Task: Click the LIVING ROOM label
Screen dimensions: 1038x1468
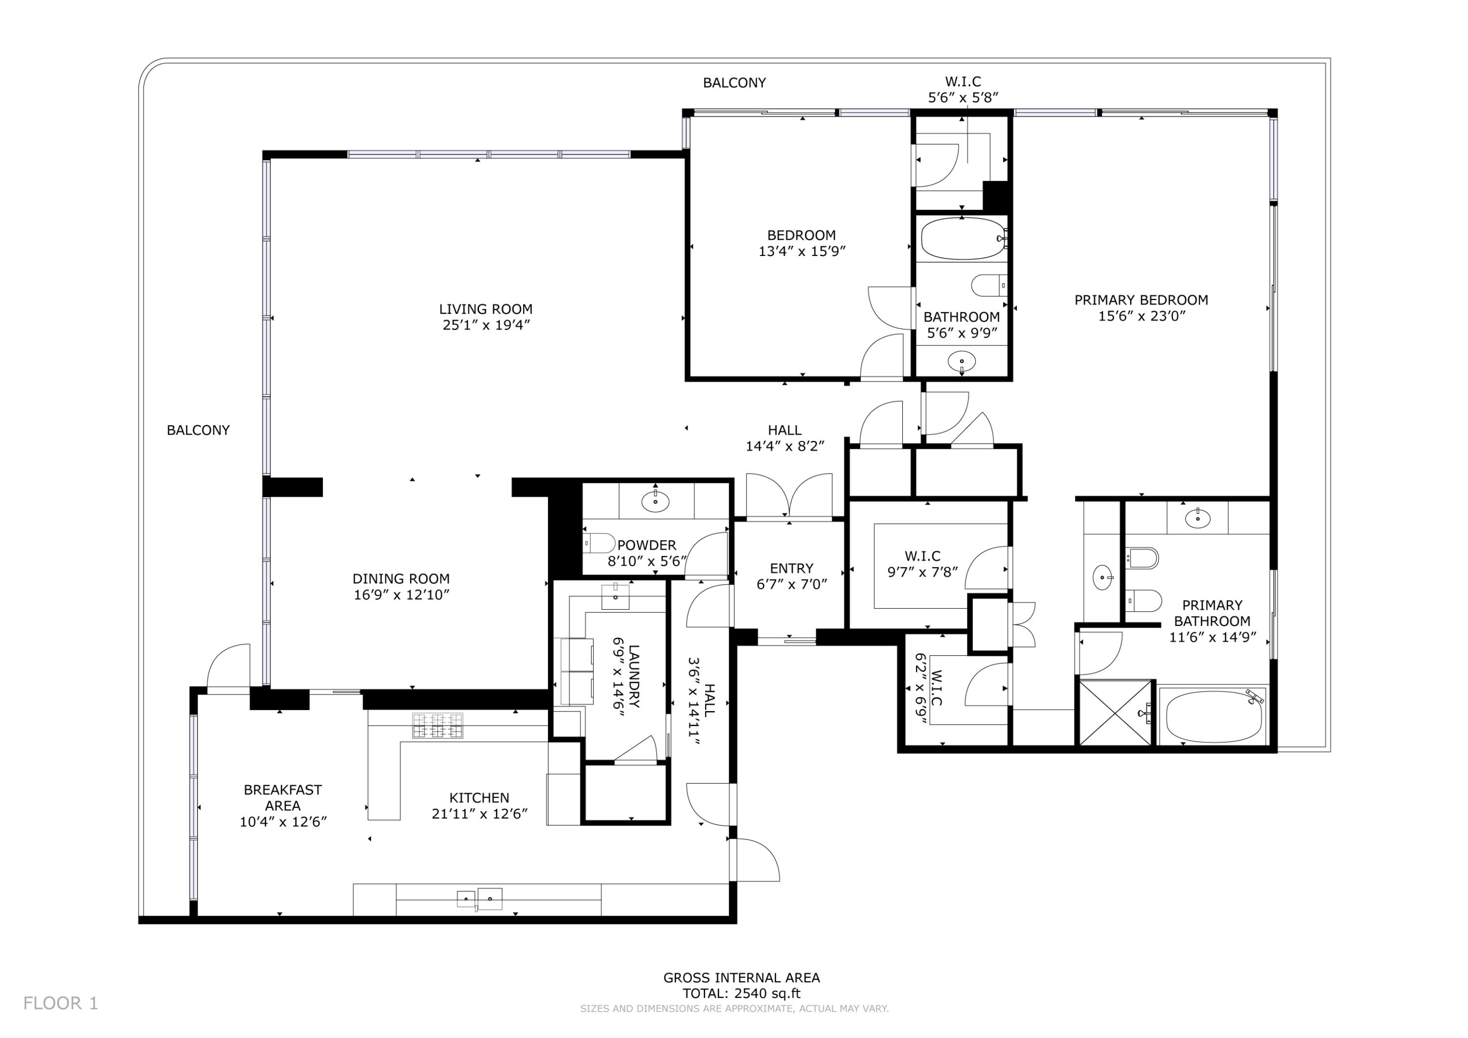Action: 485,309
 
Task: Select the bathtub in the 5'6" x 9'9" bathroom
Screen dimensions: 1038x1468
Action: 963,238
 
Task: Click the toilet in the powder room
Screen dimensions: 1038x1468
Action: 599,543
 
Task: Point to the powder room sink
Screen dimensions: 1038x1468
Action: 655,502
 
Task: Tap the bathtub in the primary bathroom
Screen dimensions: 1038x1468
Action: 1213,717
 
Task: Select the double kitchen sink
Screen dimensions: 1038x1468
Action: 479,899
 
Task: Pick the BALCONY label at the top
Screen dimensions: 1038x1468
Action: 734,83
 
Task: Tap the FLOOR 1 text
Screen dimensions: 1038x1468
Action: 61,1003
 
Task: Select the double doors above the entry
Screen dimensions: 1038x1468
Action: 790,496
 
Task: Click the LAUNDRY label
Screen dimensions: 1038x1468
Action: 634,675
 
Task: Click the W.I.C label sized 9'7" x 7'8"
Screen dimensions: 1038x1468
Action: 922,556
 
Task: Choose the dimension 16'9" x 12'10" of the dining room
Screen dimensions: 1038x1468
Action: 402,595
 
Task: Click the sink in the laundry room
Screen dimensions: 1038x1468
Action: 616,596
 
